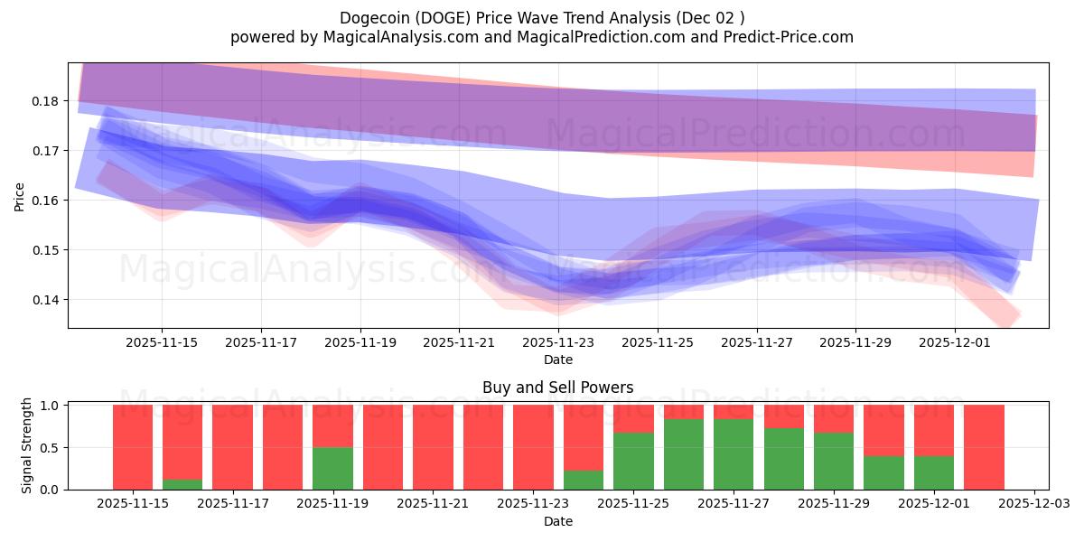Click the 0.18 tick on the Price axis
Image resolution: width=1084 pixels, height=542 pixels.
pyautogui.click(x=46, y=101)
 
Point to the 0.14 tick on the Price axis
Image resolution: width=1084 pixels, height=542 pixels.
pyautogui.click(x=46, y=300)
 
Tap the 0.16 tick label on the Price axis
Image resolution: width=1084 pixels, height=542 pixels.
pyautogui.click(x=46, y=201)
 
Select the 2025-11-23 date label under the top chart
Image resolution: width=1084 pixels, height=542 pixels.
pyautogui.click(x=558, y=343)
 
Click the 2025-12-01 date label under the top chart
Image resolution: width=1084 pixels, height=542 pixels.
pyautogui.click(x=955, y=343)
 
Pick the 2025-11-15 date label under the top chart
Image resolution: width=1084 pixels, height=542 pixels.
pyautogui.click(x=162, y=343)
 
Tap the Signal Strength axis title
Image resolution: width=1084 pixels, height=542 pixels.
pyautogui.click(x=27, y=445)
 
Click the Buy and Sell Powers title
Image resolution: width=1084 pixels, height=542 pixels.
pyautogui.click(x=557, y=388)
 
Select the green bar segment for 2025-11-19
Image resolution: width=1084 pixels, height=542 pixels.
pyautogui.click(x=332, y=468)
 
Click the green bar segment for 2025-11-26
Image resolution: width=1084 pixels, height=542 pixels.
pyautogui.click(x=683, y=453)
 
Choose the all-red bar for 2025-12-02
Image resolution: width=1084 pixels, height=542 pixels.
pyautogui.click(x=984, y=447)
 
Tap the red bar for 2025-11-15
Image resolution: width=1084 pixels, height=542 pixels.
pyautogui.click(x=133, y=447)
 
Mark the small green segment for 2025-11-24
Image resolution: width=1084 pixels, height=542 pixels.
pyautogui.click(x=583, y=480)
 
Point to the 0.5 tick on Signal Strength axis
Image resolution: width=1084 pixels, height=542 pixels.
pyautogui.click(x=51, y=448)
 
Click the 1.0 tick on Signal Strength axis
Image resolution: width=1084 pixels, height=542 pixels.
pyautogui.click(x=51, y=406)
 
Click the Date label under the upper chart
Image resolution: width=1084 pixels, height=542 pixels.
pyautogui.click(x=558, y=360)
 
